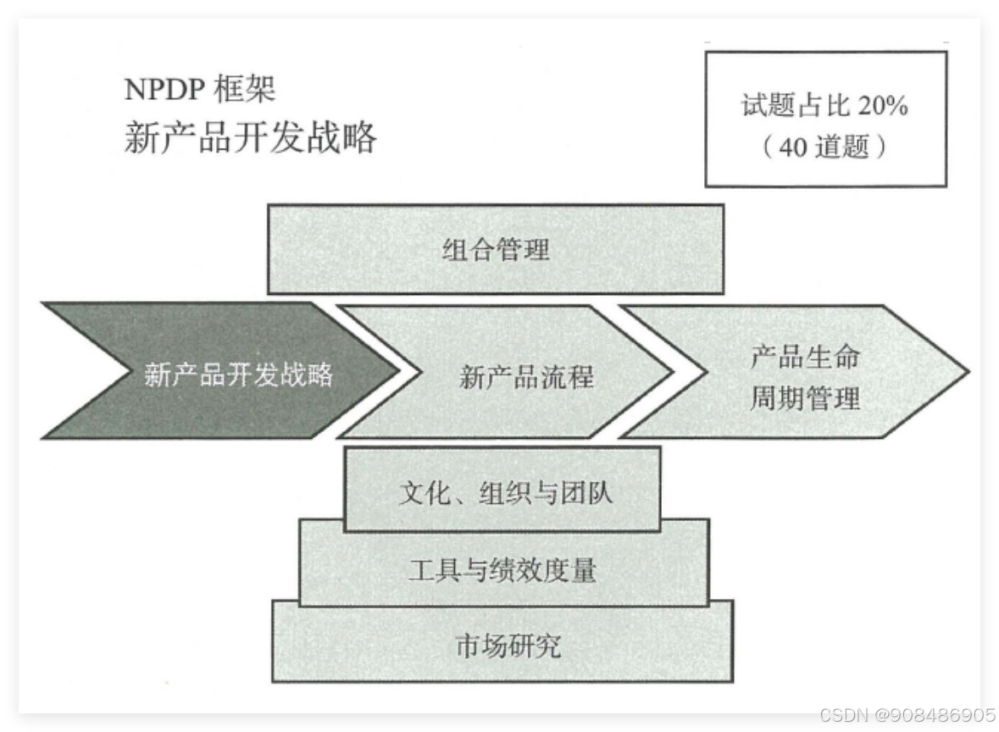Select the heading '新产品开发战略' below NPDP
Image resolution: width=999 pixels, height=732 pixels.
coord(250,137)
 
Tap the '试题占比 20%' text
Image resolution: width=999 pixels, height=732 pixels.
coord(825,106)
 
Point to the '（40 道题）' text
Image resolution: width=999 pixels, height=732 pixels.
coord(825,147)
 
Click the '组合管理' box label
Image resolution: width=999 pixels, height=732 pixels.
coord(496,249)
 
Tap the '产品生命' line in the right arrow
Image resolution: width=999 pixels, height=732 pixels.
coord(804,356)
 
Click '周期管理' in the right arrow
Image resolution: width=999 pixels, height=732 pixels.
coord(804,397)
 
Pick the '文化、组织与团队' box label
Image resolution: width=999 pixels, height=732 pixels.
coord(505,492)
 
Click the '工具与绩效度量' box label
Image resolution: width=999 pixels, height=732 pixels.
coord(502,569)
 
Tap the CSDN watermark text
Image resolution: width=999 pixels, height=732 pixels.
coord(906,715)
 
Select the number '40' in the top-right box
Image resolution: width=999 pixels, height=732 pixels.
coord(794,148)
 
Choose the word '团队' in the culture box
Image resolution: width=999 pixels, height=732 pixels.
coord(590,492)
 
